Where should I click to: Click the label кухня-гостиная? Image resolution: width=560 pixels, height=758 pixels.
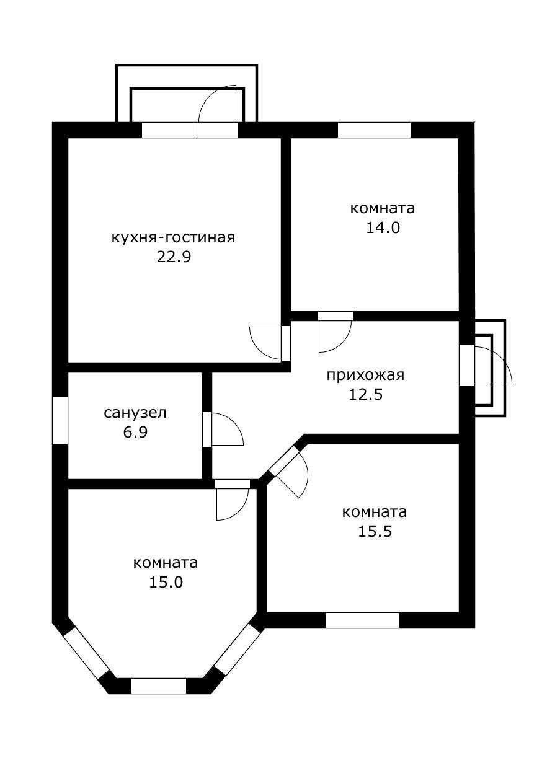click(173, 238)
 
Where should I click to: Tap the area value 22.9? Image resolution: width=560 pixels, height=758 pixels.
click(173, 257)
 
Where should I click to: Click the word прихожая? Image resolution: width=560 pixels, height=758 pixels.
click(365, 375)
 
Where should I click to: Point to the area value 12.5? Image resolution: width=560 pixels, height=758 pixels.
click(365, 394)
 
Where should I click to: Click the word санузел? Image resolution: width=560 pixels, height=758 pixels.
click(135, 413)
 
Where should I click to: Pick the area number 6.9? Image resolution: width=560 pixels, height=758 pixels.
click(135, 432)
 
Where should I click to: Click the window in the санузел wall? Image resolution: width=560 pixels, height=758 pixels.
click(60, 420)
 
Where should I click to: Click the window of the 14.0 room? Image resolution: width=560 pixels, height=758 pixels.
click(374, 130)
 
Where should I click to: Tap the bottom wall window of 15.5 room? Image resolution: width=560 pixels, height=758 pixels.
click(362, 620)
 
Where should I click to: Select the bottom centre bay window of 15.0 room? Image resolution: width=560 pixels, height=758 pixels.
click(159, 685)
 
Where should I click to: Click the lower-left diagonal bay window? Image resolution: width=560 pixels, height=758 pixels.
click(87, 653)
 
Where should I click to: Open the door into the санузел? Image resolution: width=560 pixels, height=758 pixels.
click(208, 429)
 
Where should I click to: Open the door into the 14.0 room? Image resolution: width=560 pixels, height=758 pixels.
click(335, 316)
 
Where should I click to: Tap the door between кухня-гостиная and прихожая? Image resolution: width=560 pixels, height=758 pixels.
click(285, 342)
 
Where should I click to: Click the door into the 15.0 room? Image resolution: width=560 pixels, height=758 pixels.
click(232, 484)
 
